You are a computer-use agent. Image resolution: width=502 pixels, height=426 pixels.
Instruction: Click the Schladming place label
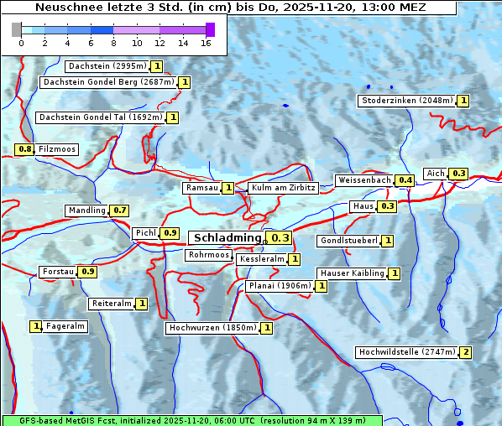tap(227, 238)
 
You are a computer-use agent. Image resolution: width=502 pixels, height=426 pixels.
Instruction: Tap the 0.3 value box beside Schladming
tap(280, 238)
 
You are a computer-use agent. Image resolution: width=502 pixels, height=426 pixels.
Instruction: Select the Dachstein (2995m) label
tap(107, 66)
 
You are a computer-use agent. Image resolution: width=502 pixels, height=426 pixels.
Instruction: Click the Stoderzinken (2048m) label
tap(406, 101)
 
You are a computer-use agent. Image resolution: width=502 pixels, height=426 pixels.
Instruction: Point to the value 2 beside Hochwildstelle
tap(465, 352)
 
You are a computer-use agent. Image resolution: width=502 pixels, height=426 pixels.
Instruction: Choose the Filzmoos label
tap(56, 149)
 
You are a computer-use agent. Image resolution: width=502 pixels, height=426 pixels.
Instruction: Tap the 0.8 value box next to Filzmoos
tap(24, 149)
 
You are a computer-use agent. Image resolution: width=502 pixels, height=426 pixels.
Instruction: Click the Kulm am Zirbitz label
tap(283, 188)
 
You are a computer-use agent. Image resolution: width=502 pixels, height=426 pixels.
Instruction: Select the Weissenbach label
tap(363, 180)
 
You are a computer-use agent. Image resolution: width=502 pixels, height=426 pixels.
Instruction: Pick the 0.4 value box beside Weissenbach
tap(405, 180)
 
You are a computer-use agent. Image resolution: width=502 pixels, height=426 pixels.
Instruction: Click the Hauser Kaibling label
tap(352, 273)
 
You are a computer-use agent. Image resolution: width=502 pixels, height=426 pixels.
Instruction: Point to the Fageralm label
tap(65, 326)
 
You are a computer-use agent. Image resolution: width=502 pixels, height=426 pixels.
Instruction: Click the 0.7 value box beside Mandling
tap(120, 210)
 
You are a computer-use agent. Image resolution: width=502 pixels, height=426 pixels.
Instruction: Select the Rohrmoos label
tap(208, 255)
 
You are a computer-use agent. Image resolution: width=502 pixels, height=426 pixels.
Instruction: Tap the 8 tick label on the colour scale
tap(113, 43)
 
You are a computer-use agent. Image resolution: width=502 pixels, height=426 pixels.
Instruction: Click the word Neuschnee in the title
tap(65, 8)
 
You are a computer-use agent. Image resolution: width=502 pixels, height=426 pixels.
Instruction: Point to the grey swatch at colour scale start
tap(17, 29)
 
